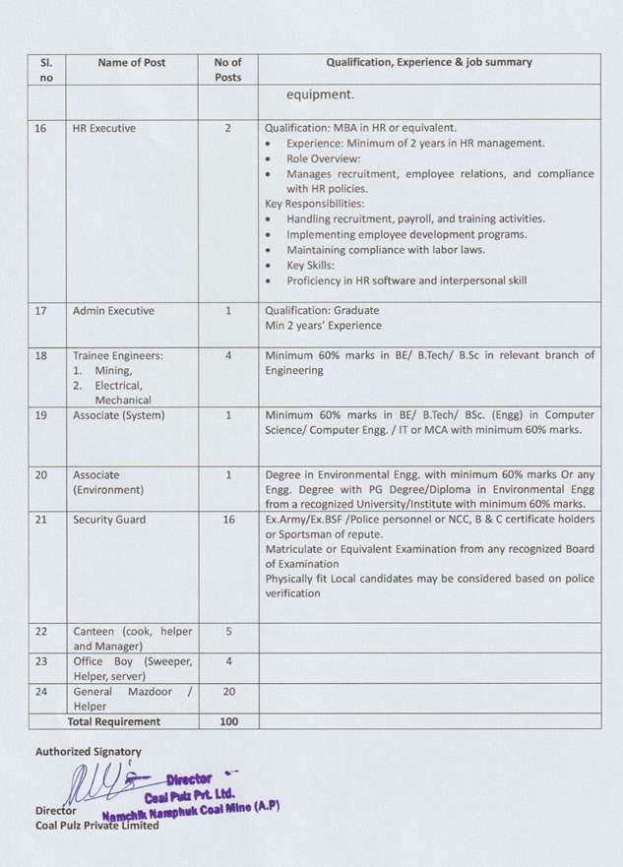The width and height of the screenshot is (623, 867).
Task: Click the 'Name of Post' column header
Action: (x=132, y=62)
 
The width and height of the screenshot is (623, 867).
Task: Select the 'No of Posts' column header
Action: (x=227, y=69)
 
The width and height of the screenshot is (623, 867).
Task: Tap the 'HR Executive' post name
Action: (x=103, y=128)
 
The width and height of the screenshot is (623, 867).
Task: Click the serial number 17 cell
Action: (x=41, y=311)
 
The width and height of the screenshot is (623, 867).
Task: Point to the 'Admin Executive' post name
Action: (x=113, y=311)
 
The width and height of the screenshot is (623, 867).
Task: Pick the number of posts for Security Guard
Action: (x=227, y=519)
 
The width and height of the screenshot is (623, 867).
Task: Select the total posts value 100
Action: (x=227, y=721)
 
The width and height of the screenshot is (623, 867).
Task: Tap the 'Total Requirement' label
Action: (x=113, y=721)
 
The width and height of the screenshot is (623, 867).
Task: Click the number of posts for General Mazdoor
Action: (x=227, y=692)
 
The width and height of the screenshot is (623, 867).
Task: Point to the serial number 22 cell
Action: (x=41, y=631)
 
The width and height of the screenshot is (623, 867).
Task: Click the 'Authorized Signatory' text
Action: (x=89, y=752)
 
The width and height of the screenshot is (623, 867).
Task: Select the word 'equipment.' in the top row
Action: (x=321, y=96)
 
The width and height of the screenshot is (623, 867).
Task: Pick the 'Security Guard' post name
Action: (x=109, y=519)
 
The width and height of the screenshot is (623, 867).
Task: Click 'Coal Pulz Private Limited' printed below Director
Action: (x=97, y=826)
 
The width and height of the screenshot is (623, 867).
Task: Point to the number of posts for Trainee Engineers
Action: (x=227, y=356)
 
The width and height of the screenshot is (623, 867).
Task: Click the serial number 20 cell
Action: (x=41, y=474)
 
